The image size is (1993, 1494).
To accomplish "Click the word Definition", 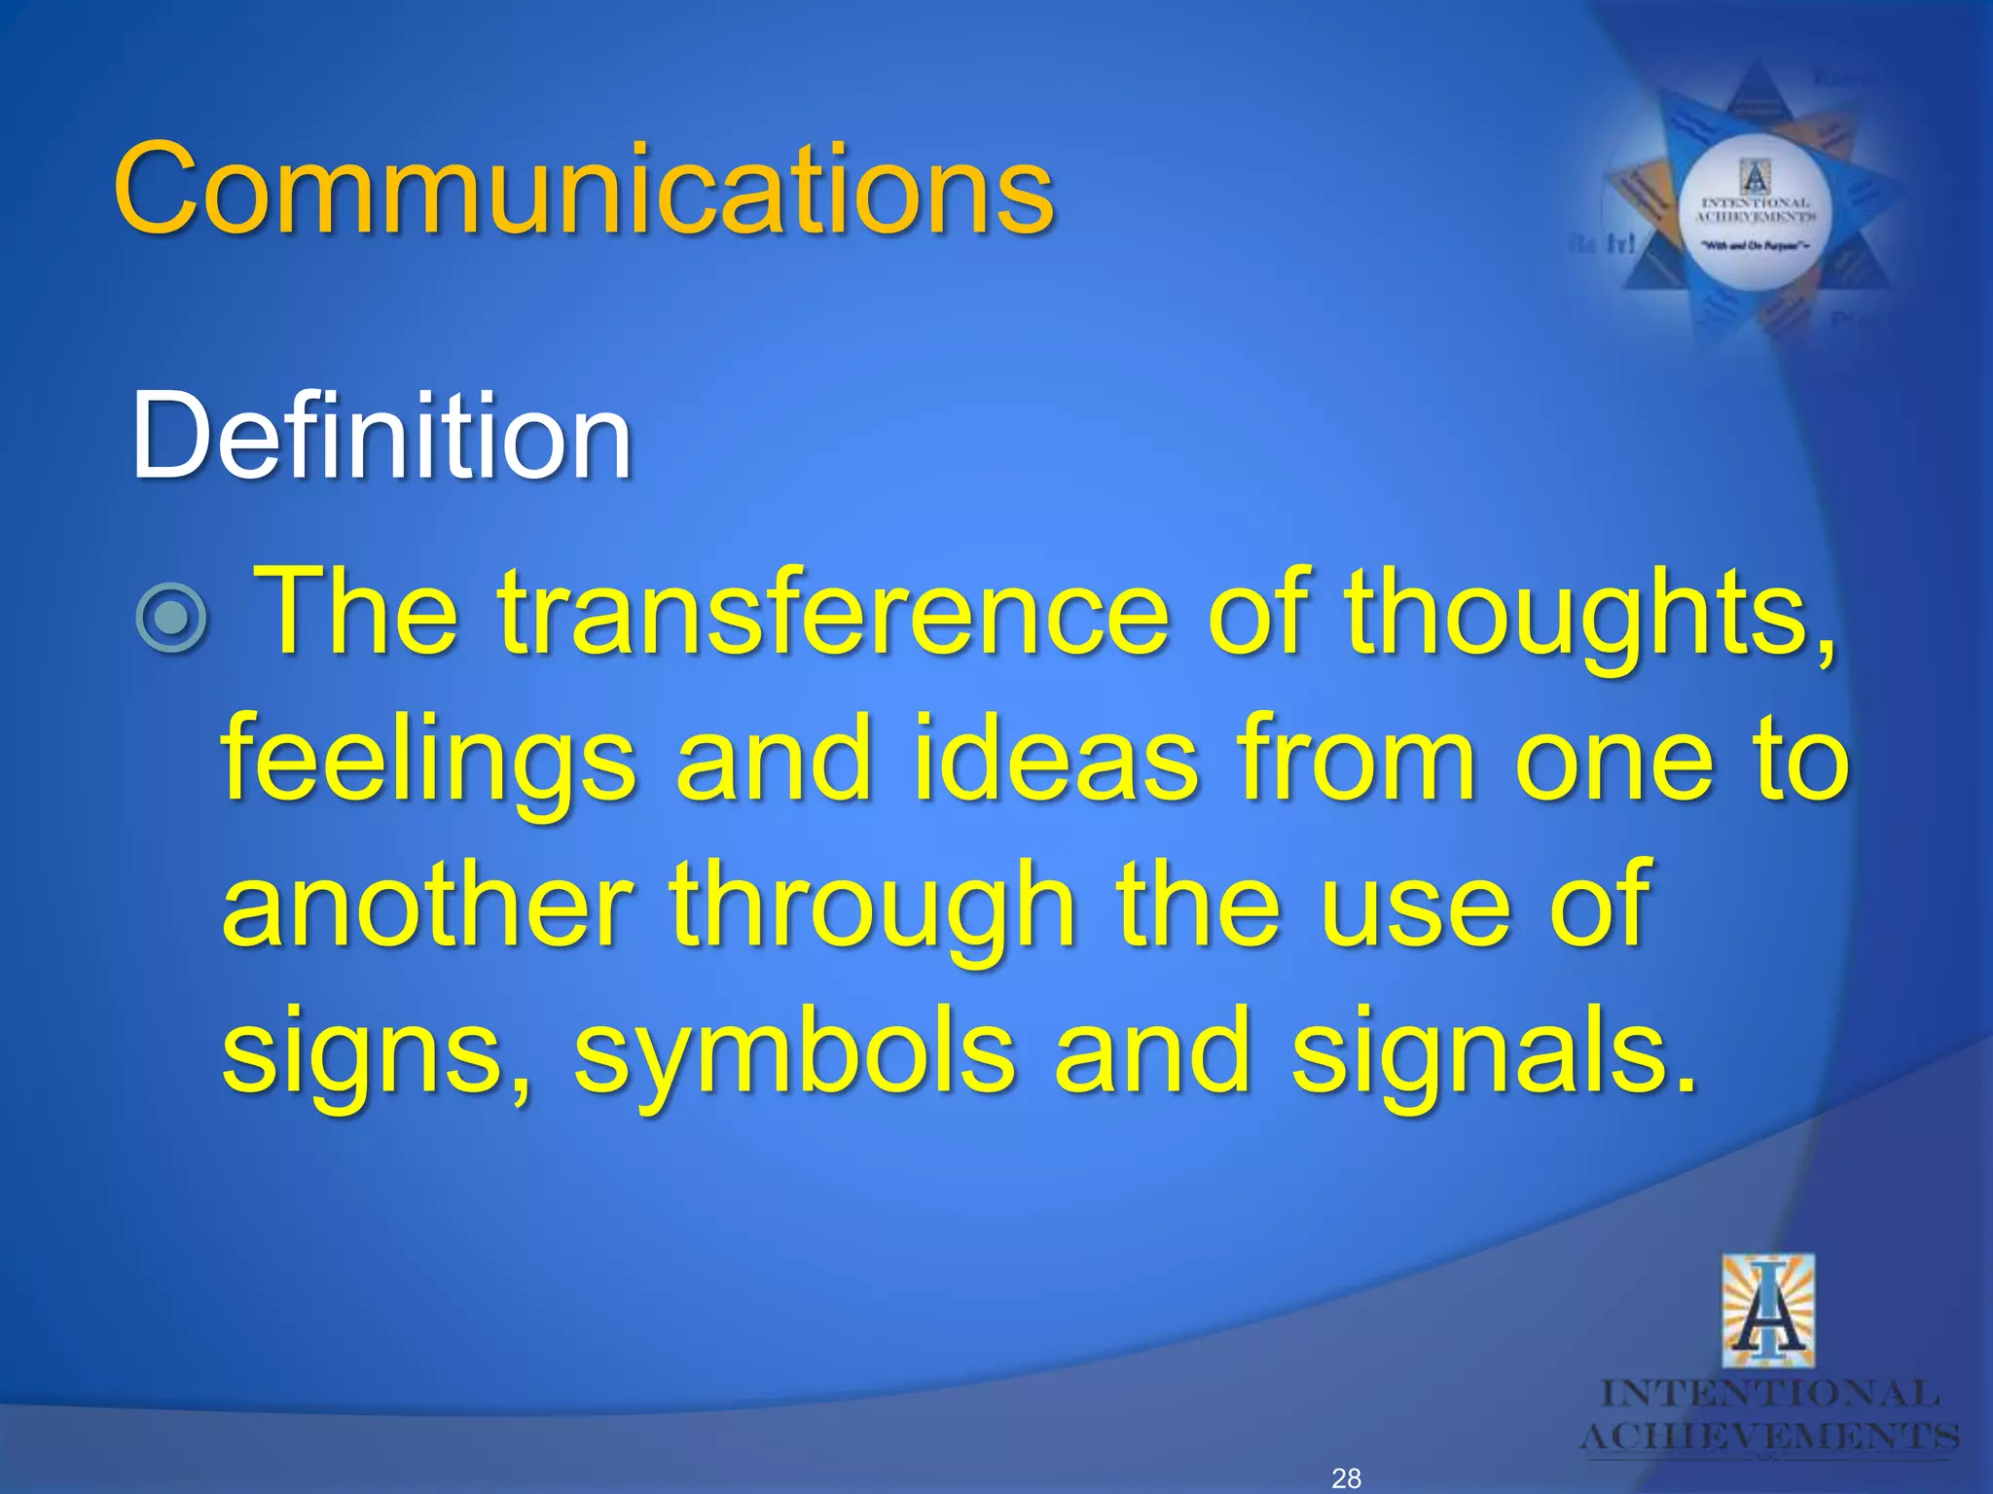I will pos(381,437).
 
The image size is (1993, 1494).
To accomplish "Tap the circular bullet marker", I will pos(171,617).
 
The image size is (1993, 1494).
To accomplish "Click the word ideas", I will pos(1055,759).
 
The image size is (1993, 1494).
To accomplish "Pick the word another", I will pos(428,905).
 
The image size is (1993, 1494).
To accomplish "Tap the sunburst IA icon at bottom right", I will pos(1768,1312).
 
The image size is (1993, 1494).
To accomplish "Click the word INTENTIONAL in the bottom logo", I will pos(1769,1394).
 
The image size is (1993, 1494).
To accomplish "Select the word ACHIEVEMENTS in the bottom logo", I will pos(1769,1437).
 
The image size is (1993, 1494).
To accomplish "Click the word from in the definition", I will pos(1357,759).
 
